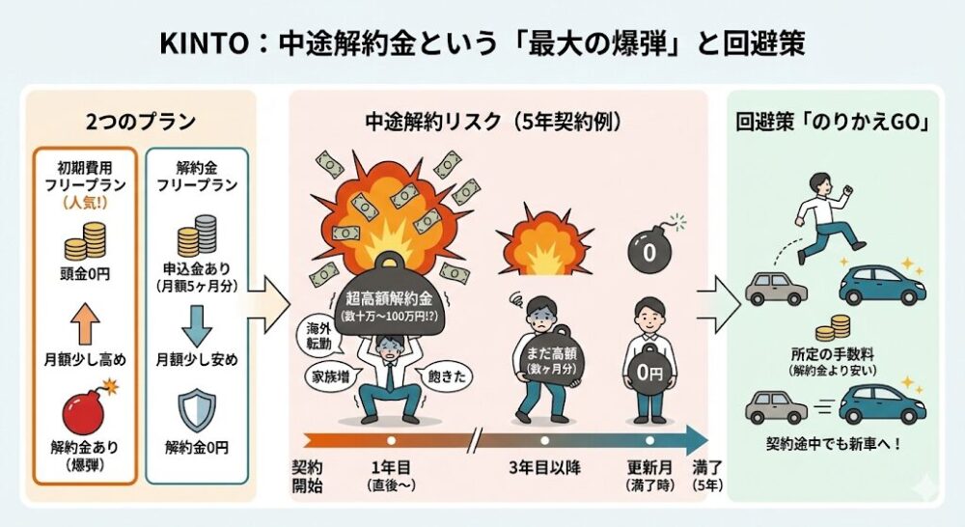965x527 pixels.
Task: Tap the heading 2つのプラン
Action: tap(140, 123)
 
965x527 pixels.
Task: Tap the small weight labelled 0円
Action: tap(648, 370)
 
